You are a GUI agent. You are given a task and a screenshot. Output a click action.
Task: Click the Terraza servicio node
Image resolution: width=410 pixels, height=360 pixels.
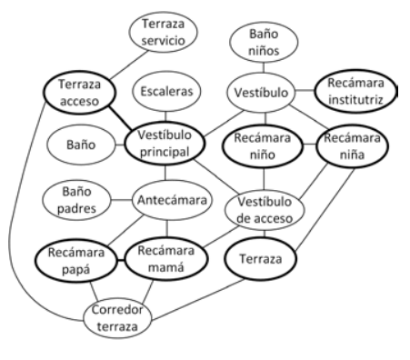pyautogui.click(x=164, y=32)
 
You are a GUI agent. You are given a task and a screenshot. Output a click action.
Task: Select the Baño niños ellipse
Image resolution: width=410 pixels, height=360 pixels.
pyautogui.click(x=264, y=42)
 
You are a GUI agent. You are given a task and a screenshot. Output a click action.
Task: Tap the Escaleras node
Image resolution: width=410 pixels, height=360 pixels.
pyautogui.click(x=166, y=91)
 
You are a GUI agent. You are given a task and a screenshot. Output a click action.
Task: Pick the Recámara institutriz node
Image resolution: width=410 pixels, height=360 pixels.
pyautogui.click(x=355, y=91)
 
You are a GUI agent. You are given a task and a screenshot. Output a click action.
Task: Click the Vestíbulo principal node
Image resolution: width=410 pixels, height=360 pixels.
pyautogui.click(x=165, y=143)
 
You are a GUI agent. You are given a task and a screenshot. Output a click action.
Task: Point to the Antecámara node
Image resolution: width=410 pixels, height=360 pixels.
pyautogui.click(x=172, y=200)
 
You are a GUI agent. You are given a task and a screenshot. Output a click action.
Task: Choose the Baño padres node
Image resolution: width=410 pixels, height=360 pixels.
pyautogui.click(x=76, y=200)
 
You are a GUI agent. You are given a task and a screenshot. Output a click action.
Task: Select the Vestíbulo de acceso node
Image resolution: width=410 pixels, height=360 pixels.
pyautogui.click(x=265, y=210)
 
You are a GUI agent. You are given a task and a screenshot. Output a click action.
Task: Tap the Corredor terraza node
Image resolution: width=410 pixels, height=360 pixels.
pyautogui.click(x=117, y=318)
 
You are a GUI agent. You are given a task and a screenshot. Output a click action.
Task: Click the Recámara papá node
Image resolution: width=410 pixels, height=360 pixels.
pyautogui.click(x=75, y=261)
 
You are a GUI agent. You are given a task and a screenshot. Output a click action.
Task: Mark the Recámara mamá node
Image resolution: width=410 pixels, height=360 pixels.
pyautogui.click(x=166, y=259)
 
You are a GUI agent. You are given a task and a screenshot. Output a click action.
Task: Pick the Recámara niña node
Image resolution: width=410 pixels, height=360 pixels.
pyautogui.click(x=352, y=146)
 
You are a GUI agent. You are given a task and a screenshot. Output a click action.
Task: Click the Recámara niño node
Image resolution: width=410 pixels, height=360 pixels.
pyautogui.click(x=263, y=146)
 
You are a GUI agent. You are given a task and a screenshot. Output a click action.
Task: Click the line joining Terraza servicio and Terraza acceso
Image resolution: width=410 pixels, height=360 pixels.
pyautogui.click(x=129, y=65)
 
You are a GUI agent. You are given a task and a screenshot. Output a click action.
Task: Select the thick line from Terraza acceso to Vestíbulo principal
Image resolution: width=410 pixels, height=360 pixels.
pyautogui.click(x=120, y=118)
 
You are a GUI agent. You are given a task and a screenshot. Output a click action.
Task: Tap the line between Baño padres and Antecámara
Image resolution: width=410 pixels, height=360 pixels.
pyautogui.click(x=122, y=200)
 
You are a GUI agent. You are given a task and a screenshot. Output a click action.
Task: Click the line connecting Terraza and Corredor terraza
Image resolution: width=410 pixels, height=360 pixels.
pyautogui.click(x=198, y=299)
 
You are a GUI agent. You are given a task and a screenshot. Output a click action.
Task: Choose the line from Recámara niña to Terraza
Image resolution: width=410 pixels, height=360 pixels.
pyautogui.click(x=325, y=210)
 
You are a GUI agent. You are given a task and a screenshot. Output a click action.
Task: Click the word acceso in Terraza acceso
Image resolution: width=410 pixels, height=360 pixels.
pyautogui.click(x=79, y=101)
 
